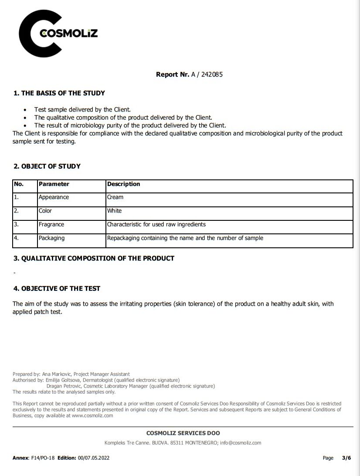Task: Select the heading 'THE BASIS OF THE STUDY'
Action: [63, 93]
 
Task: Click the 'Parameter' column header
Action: [54, 184]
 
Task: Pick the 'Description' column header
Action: [124, 184]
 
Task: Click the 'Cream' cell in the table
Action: [115, 197]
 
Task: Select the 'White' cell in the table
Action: [115, 211]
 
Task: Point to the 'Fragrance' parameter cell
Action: [51, 225]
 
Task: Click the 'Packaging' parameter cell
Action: [51, 238]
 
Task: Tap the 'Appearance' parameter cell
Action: [54, 197]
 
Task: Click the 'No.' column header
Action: [19, 184]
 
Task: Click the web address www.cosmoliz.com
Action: [92, 415]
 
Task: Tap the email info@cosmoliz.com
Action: [240, 443]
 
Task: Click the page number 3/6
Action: [346, 458]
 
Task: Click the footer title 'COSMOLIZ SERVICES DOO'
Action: [183, 433]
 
